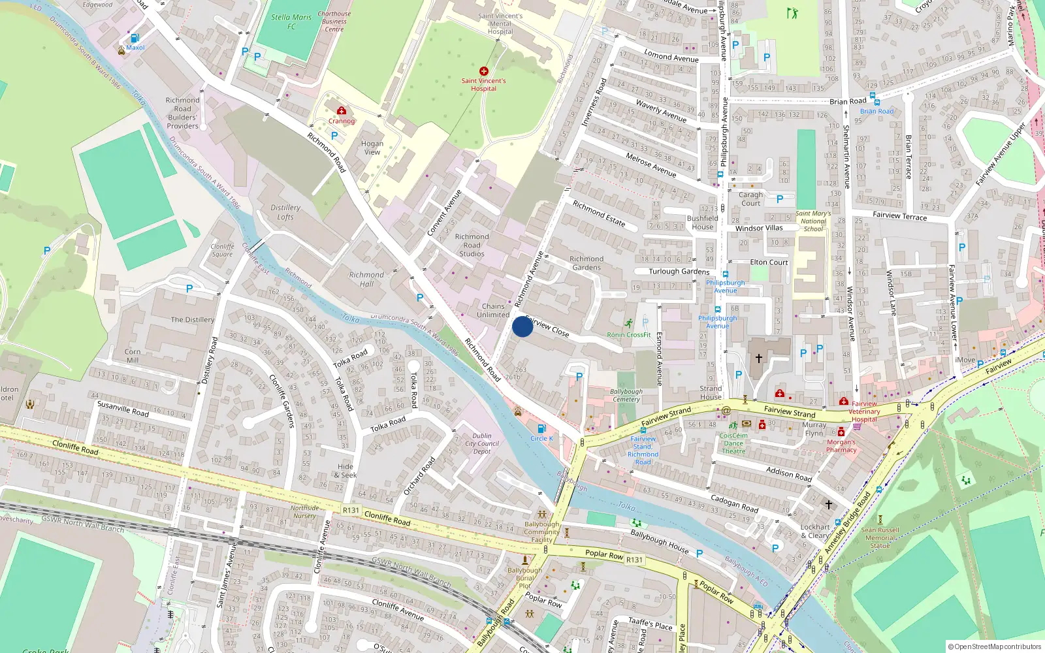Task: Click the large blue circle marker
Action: coord(522,326)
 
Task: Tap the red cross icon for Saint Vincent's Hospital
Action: coord(483,71)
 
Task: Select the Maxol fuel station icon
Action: coord(135,39)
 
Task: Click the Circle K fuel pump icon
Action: coord(541,429)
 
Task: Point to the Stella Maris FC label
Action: coord(291,22)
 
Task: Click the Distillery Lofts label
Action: coord(285,212)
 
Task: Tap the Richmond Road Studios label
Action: coord(472,246)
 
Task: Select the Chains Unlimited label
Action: coord(493,310)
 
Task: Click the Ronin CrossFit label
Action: coord(628,335)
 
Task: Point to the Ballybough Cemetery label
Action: coord(626,395)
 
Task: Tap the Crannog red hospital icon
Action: coord(341,111)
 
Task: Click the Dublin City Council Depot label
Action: coord(482,443)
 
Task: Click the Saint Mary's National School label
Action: coord(813,221)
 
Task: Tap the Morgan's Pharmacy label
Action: coord(841,446)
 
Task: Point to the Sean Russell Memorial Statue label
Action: coord(880,537)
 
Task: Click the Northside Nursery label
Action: coord(304,511)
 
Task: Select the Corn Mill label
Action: coord(133,356)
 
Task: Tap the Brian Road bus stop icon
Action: coord(875,103)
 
